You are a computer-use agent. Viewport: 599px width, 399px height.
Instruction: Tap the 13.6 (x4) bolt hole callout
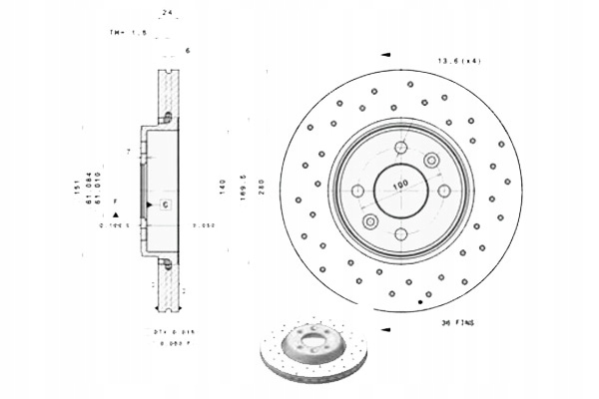[454, 62]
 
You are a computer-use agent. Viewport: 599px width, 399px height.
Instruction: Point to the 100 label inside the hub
[400, 186]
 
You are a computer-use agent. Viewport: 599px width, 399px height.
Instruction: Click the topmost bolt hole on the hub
[400, 148]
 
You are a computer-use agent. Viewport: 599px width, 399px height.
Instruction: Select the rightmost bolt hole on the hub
[442, 190]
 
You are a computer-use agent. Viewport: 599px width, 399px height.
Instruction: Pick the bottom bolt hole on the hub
[400, 231]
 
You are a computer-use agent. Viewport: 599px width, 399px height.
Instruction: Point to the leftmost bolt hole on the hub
[358, 190]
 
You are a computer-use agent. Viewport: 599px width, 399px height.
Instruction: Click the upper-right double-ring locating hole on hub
[431, 160]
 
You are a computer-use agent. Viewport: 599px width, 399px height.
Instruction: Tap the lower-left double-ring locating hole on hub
[370, 220]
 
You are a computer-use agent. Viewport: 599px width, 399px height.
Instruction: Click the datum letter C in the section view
[166, 204]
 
